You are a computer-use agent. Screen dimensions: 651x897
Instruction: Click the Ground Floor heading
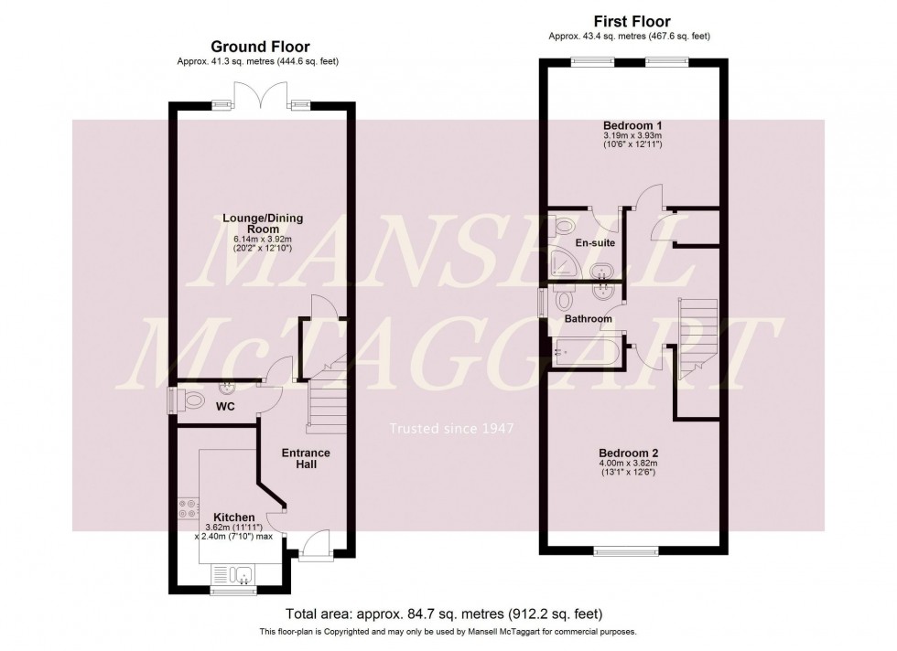260,47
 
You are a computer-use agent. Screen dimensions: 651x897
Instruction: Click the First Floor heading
631,22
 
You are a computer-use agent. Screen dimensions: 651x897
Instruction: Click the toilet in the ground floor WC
191,400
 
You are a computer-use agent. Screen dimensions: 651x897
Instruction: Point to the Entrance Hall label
306,459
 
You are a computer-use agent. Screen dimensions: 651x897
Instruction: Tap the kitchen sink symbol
236,574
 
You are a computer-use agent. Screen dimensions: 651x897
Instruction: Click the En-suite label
596,243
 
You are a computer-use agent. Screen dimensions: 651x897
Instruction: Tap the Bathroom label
588,319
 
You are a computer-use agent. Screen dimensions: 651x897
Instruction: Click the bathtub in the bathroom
589,349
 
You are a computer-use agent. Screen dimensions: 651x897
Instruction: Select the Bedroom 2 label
629,453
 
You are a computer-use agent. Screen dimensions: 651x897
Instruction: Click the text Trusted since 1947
451,428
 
